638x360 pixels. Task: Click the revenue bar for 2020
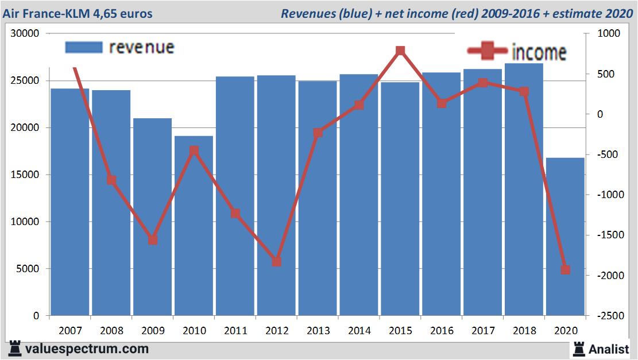565,237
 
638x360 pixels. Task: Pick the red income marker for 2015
400,51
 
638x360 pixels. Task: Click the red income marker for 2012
276,261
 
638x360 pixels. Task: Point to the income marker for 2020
565,269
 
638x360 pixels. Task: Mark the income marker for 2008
111,180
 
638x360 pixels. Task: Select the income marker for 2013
318,133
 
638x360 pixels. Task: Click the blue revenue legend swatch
84,47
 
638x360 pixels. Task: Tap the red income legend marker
488,52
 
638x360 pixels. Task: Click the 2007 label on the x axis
70,331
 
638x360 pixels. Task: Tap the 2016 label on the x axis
442,331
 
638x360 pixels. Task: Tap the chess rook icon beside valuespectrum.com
15,349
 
